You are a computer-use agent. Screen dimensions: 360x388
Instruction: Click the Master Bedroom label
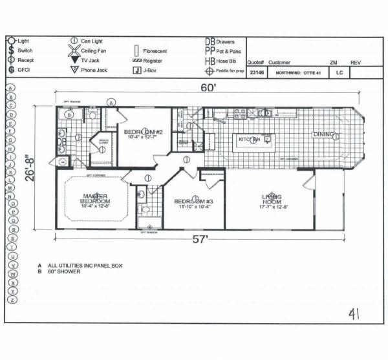[x=94, y=200]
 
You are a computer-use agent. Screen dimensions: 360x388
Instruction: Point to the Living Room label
[x=272, y=200]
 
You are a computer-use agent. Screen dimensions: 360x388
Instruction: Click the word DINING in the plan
[x=325, y=135]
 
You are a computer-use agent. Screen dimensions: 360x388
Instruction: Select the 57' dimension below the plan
[x=202, y=240]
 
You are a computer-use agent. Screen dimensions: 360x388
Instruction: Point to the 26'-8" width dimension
[x=30, y=167]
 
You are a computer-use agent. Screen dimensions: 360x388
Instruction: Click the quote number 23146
[x=256, y=73]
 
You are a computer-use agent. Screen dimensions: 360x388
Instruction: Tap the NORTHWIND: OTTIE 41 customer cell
[x=296, y=73]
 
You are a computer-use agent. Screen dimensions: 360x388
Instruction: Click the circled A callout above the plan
[x=111, y=102]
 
